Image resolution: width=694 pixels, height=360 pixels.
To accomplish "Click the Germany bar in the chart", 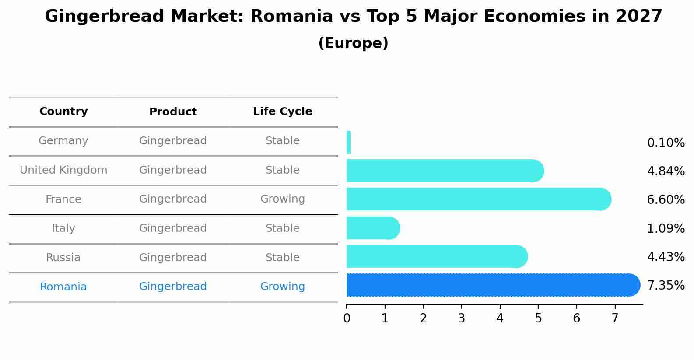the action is [x=349, y=142].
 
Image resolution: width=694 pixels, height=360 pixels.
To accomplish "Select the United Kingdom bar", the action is [x=445, y=171].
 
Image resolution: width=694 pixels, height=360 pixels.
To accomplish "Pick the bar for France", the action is [x=479, y=199].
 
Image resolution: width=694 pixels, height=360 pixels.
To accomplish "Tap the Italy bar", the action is [x=373, y=228].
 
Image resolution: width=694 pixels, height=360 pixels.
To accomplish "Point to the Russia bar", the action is [x=437, y=256].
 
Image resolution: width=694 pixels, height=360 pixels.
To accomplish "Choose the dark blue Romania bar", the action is [x=493, y=285].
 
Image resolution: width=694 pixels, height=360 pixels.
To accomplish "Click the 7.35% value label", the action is [x=666, y=285].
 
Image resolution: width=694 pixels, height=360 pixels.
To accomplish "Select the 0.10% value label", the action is [x=666, y=143].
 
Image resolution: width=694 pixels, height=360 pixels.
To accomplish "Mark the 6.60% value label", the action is [x=666, y=199].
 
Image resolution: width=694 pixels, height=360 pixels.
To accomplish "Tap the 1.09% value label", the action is [x=666, y=229].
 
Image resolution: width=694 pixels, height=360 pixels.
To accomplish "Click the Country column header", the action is [x=63, y=111].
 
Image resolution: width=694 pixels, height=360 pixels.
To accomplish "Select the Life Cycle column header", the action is [x=283, y=111].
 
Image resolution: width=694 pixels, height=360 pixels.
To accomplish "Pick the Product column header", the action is [x=173, y=112].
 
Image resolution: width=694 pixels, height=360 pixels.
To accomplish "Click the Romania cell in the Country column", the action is [x=63, y=287].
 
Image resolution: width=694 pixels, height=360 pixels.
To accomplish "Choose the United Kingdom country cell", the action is [x=63, y=170].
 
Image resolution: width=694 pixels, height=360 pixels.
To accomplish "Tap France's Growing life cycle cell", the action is [x=283, y=199].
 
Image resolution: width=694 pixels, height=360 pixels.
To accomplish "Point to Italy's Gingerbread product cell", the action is [x=173, y=228].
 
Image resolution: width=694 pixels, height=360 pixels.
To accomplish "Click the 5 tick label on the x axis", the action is [x=538, y=318].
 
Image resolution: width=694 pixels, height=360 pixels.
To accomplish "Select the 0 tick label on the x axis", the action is [x=347, y=318].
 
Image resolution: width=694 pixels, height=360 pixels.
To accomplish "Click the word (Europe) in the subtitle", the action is [x=353, y=43].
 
